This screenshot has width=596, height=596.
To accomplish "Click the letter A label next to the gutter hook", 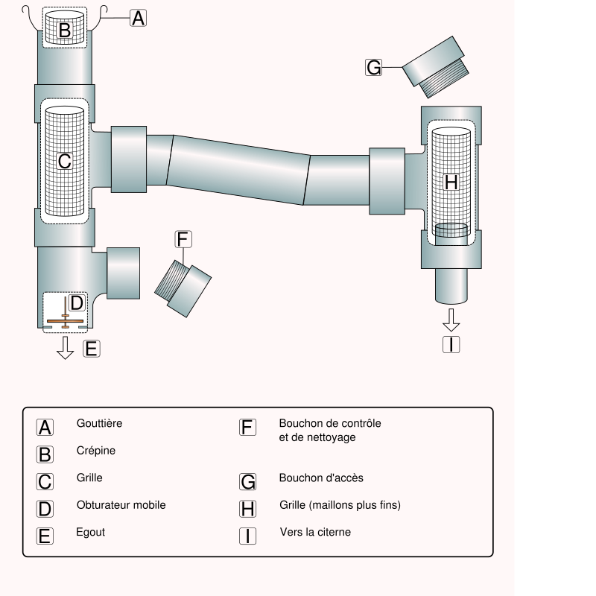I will (x=138, y=19).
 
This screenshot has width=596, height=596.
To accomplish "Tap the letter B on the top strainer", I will (x=65, y=31).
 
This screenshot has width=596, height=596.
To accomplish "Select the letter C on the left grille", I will (x=65, y=160).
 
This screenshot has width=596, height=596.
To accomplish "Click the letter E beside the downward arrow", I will (x=91, y=348).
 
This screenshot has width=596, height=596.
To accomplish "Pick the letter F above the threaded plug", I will (x=183, y=239).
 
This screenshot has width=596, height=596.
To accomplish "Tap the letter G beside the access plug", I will (x=374, y=68).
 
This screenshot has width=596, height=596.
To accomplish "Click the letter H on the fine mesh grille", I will (x=451, y=182).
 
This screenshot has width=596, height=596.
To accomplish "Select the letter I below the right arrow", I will (x=451, y=344).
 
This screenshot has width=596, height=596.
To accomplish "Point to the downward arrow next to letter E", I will (x=66, y=346).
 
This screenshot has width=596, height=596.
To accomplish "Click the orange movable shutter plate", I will (x=66, y=322).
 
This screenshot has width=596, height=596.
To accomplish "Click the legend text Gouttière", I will (x=99, y=423).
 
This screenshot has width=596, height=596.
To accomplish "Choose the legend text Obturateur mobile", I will (x=121, y=505).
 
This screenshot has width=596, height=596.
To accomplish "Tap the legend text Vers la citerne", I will (x=315, y=533).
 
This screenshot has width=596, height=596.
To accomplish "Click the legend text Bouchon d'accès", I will (x=321, y=478).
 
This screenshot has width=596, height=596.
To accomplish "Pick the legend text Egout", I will (x=91, y=533).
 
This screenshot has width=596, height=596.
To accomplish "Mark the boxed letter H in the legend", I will (x=248, y=509).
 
